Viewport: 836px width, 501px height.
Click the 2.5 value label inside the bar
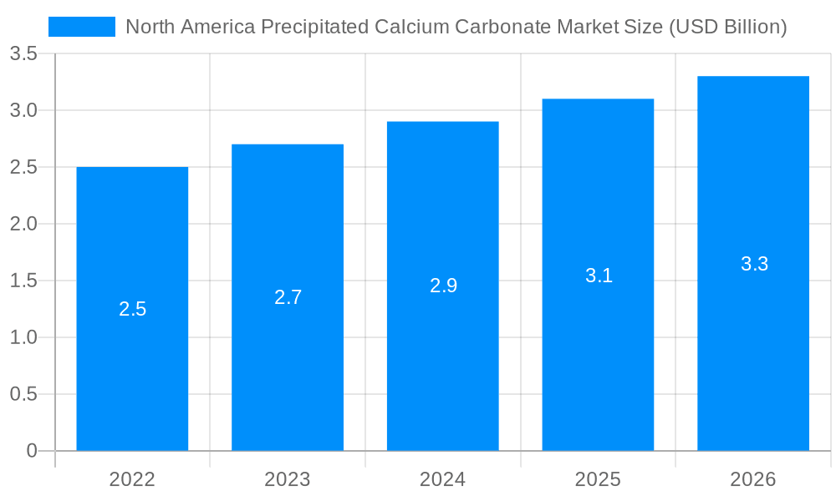tap(132, 309)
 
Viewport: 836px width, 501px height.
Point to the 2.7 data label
tap(288, 297)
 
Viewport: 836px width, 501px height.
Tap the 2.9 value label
tap(443, 286)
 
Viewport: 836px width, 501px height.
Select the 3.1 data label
tap(599, 276)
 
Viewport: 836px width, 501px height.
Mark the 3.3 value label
tap(754, 264)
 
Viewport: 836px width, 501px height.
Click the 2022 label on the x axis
tap(132, 479)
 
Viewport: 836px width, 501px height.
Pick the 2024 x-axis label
tap(443, 479)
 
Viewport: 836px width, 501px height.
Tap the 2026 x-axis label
tap(753, 479)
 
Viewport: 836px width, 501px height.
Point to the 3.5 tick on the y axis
tap(23, 54)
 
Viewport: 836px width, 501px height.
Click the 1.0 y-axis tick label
tap(23, 337)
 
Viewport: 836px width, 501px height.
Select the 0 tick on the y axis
tap(32, 451)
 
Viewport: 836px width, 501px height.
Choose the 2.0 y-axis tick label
tap(23, 224)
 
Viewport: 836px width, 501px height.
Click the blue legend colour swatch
tap(82, 27)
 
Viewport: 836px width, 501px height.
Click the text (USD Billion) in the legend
tap(727, 27)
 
